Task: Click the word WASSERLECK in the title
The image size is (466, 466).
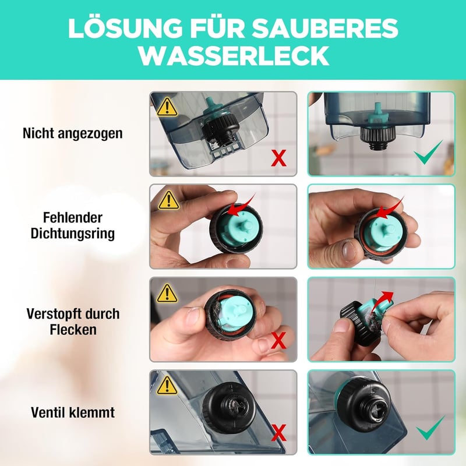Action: coord(234,55)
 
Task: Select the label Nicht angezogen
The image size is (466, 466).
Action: coord(73,133)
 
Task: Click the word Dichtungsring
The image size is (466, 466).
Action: coord(73,234)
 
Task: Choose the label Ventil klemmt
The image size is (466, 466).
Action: coord(73,412)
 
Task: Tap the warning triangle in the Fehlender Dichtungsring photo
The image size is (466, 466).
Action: coord(168,200)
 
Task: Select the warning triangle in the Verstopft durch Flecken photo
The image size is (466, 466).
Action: coord(167,294)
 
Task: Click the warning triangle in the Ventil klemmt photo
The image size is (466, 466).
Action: coord(167,386)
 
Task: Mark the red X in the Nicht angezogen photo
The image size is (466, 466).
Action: coord(279,158)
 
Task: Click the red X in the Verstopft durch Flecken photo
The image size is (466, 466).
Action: coord(279,341)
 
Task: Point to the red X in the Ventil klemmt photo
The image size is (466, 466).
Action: coord(279,433)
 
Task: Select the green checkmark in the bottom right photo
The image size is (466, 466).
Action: coord(430,428)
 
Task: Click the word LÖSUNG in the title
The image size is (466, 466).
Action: coord(125,27)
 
